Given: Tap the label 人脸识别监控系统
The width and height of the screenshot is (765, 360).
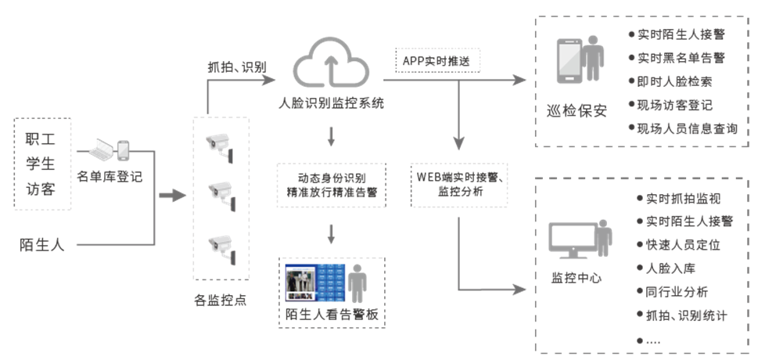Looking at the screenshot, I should coord(332,104).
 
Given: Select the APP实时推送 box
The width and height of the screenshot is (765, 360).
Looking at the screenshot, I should coord(437,60).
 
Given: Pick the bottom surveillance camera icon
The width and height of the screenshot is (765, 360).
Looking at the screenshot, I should coord(221,246).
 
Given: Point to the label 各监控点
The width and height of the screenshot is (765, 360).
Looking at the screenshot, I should coord(221,299).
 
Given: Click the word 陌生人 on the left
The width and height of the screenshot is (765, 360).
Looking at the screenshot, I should coord(42,245).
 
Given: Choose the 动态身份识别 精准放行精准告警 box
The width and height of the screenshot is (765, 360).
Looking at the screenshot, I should coord(332,184).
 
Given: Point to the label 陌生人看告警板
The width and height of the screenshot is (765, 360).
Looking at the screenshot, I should coord(332,315).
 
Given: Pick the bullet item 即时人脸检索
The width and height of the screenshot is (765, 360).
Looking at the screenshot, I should coord(676,81).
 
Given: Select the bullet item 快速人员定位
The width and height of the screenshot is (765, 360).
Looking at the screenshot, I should coord(683,245).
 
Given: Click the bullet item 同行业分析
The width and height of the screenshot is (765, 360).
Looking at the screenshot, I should coord(677,292).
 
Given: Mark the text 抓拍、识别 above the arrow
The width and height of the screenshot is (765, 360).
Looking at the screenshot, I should coord(238,67).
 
